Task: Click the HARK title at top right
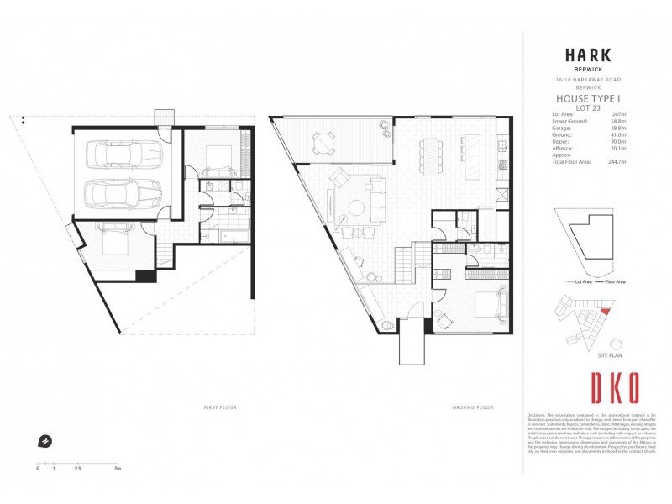pyautogui.click(x=587, y=56)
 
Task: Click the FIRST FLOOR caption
pyautogui.click(x=222, y=407)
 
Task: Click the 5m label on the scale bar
pyautogui.click(x=118, y=467)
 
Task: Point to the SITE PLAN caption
pyautogui.click(x=610, y=356)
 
